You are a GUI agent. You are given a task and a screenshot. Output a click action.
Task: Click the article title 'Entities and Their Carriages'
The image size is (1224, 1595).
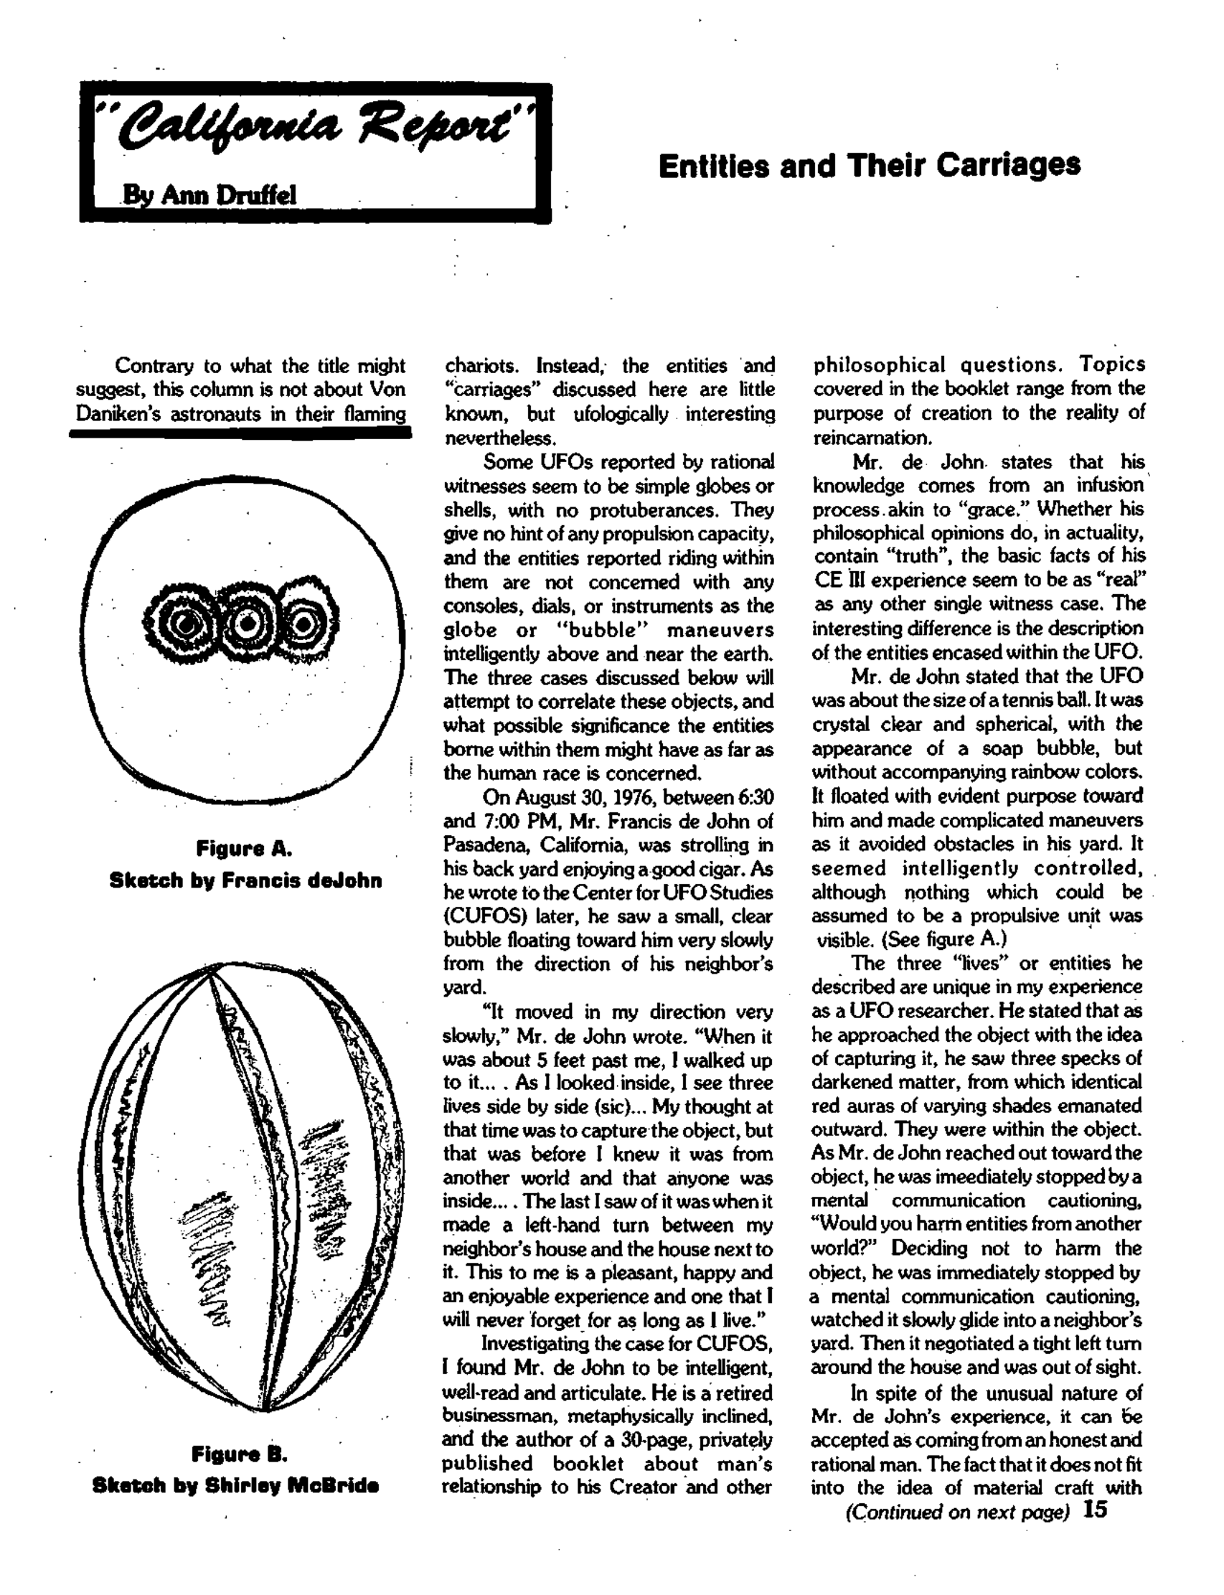pyautogui.click(x=868, y=166)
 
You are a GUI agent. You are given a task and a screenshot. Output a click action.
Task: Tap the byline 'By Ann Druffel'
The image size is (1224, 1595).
pyautogui.click(x=209, y=194)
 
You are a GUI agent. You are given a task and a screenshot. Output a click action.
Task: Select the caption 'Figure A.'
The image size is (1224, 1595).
pyautogui.click(x=244, y=848)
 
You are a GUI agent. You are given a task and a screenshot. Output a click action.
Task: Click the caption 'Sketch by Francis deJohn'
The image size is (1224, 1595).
pyautogui.click(x=245, y=880)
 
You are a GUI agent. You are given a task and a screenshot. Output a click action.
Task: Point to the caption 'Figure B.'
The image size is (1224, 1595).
pyautogui.click(x=240, y=1455)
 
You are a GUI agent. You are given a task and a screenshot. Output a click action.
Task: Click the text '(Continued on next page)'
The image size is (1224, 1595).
pyautogui.click(x=956, y=1512)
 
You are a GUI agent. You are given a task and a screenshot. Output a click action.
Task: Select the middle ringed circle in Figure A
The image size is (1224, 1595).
pyautogui.click(x=248, y=623)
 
